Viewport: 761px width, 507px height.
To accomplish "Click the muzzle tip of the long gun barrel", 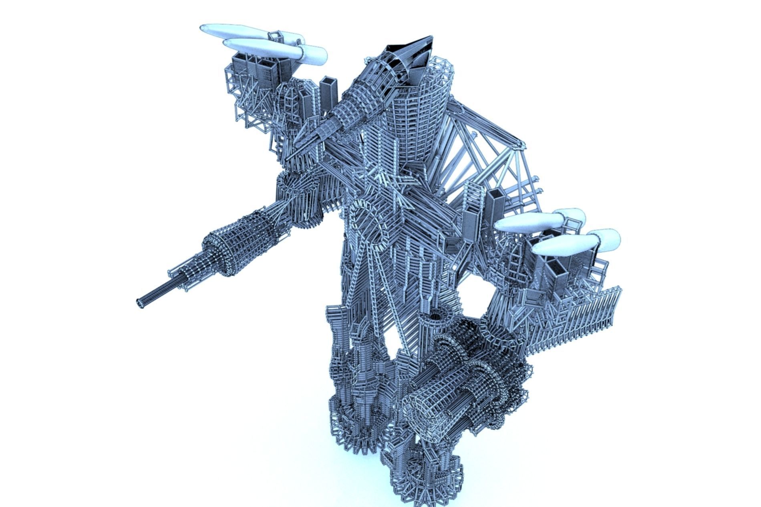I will pyautogui.click(x=140, y=303).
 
